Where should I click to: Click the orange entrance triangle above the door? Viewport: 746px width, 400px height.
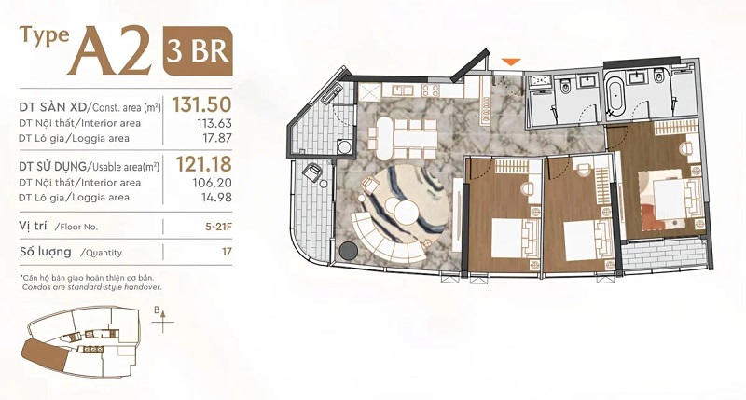[x=510, y=62]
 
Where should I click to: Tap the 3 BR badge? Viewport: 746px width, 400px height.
[x=198, y=49]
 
